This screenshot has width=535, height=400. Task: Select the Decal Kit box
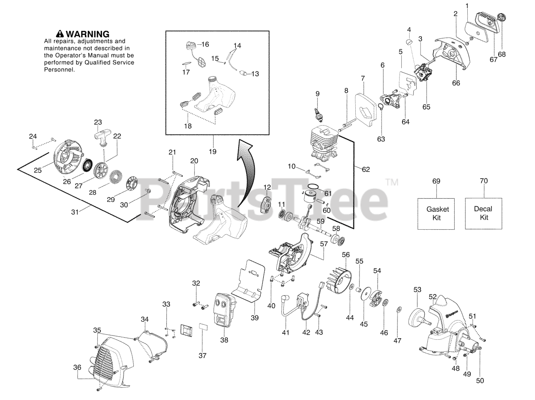click(x=484, y=213)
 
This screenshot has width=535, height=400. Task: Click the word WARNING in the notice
click(x=87, y=34)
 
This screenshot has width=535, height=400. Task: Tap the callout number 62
click(x=366, y=169)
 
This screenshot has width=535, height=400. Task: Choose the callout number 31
click(x=74, y=212)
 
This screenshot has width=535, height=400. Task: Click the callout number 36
click(x=77, y=367)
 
